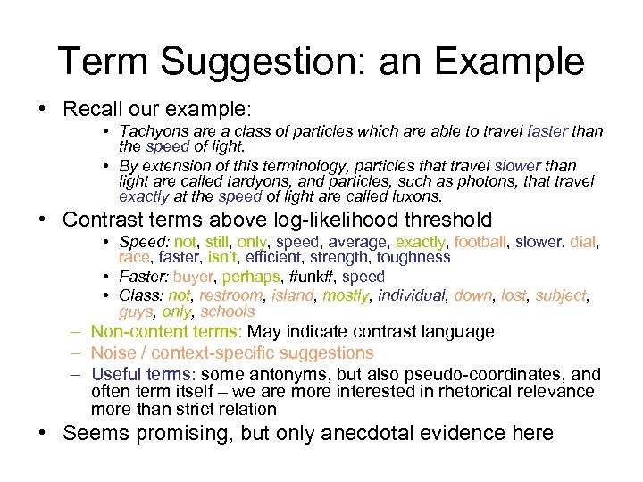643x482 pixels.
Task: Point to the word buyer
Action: click(193, 277)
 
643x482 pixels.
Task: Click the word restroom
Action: click(231, 296)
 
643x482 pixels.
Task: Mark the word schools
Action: click(228, 312)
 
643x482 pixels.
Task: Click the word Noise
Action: click(112, 353)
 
